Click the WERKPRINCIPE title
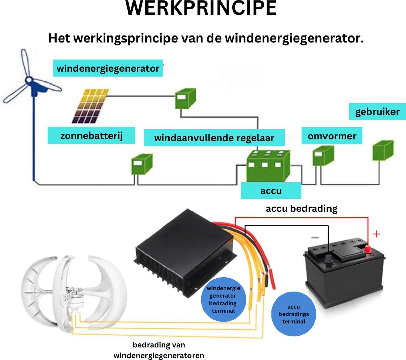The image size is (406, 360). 201,8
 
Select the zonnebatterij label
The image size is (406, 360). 91,136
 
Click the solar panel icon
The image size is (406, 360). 90,106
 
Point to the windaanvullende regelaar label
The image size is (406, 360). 214,138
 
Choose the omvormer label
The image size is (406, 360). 332,136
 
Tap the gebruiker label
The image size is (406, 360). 377,112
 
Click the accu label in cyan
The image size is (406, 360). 271,191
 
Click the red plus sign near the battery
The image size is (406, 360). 376,234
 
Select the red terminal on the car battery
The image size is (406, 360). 367,250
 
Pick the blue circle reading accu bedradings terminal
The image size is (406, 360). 293,314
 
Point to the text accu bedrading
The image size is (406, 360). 301,208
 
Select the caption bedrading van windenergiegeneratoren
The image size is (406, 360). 159,350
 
